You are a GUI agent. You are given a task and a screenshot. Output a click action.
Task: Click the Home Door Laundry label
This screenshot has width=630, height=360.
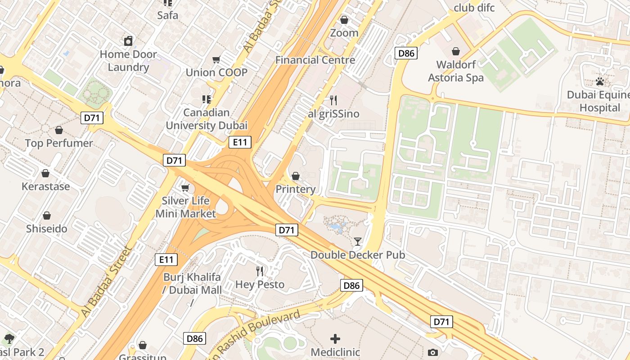[128, 61]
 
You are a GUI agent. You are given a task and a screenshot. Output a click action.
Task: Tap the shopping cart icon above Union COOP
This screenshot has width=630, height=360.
[216, 59]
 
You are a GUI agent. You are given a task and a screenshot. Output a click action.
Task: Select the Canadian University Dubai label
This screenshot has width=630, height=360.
[207, 119]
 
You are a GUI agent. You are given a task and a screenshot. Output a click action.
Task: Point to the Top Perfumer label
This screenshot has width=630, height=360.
[59, 143]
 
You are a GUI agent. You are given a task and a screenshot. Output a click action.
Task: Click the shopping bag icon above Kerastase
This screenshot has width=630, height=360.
[45, 173]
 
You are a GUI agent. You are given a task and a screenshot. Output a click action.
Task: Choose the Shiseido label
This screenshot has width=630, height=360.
[46, 229]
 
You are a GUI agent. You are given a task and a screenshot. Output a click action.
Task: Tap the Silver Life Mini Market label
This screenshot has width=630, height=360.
[186, 207]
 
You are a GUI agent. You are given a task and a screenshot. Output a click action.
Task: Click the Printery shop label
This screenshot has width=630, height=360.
[296, 189]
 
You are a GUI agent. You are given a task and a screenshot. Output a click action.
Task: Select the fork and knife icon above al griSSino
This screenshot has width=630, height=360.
[333, 100]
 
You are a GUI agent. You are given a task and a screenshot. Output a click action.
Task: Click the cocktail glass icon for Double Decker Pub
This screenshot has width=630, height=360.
[357, 242]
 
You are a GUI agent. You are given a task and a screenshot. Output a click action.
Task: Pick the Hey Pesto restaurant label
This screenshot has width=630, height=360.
[260, 284]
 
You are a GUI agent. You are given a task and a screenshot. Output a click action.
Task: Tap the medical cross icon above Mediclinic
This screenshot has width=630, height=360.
[335, 339]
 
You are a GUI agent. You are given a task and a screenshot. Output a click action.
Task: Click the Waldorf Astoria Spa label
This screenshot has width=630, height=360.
[456, 71]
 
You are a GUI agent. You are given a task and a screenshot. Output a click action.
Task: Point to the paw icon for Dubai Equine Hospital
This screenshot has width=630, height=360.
[599, 81]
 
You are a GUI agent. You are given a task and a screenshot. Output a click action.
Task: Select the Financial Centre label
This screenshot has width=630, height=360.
[315, 60]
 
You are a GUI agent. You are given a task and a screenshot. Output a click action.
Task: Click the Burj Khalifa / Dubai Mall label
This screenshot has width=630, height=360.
[193, 283]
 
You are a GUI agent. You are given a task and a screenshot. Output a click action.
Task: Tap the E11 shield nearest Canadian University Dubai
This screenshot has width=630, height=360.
[239, 143]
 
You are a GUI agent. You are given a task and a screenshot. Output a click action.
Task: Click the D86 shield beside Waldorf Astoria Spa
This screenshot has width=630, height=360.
[406, 54]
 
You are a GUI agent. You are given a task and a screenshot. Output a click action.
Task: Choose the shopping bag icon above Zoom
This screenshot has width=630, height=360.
[344, 20]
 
